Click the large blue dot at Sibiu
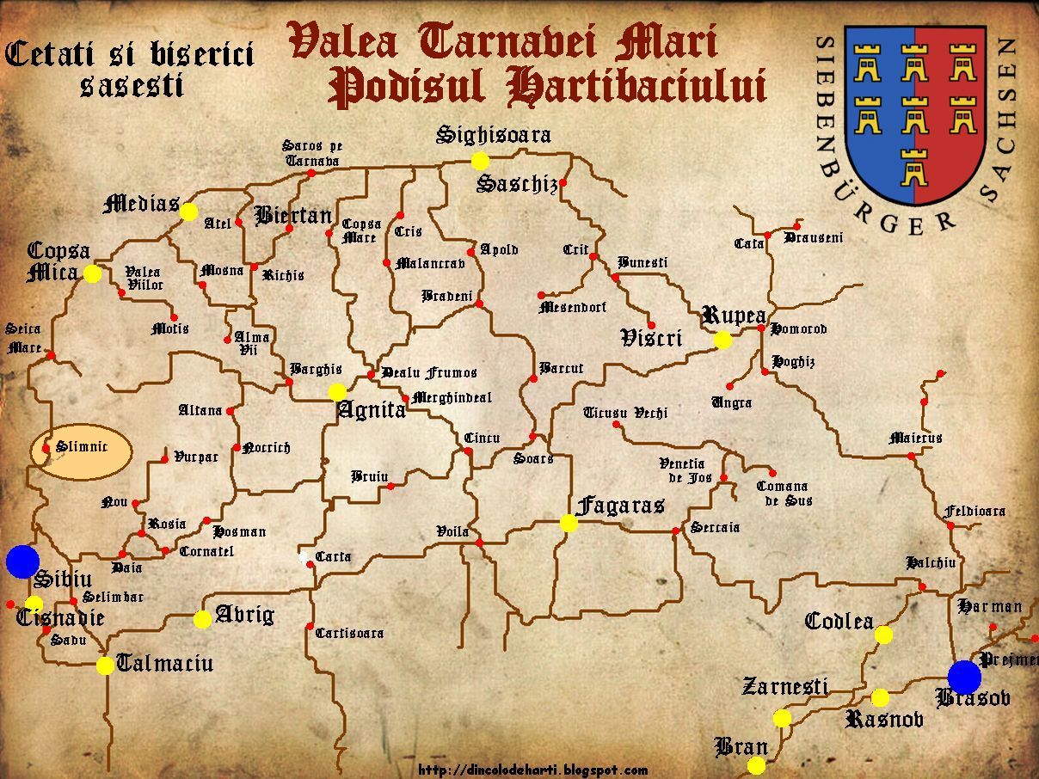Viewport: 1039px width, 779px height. (x=22, y=561)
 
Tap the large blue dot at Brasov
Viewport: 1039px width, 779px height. (x=964, y=677)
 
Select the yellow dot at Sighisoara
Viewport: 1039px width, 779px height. (x=480, y=161)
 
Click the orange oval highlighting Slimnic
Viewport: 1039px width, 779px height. (x=82, y=451)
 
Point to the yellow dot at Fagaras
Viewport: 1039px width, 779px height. (x=569, y=523)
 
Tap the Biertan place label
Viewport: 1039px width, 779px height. (x=292, y=214)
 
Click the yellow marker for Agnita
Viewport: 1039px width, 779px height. (x=337, y=392)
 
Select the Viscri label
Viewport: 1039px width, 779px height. (x=651, y=338)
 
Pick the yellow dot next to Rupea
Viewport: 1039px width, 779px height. (x=722, y=340)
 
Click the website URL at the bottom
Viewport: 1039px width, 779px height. (x=533, y=770)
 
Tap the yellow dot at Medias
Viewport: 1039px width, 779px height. (x=189, y=212)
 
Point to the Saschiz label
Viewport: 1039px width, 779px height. (x=517, y=184)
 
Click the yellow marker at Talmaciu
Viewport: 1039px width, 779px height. (x=105, y=666)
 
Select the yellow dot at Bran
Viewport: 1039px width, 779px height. (x=756, y=765)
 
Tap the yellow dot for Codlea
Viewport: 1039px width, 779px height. (x=883, y=635)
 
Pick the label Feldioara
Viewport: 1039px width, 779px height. (x=974, y=511)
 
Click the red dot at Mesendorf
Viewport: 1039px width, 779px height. (x=541, y=296)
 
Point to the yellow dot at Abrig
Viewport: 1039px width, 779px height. (x=202, y=619)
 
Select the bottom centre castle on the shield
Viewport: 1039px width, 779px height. (x=913, y=166)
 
